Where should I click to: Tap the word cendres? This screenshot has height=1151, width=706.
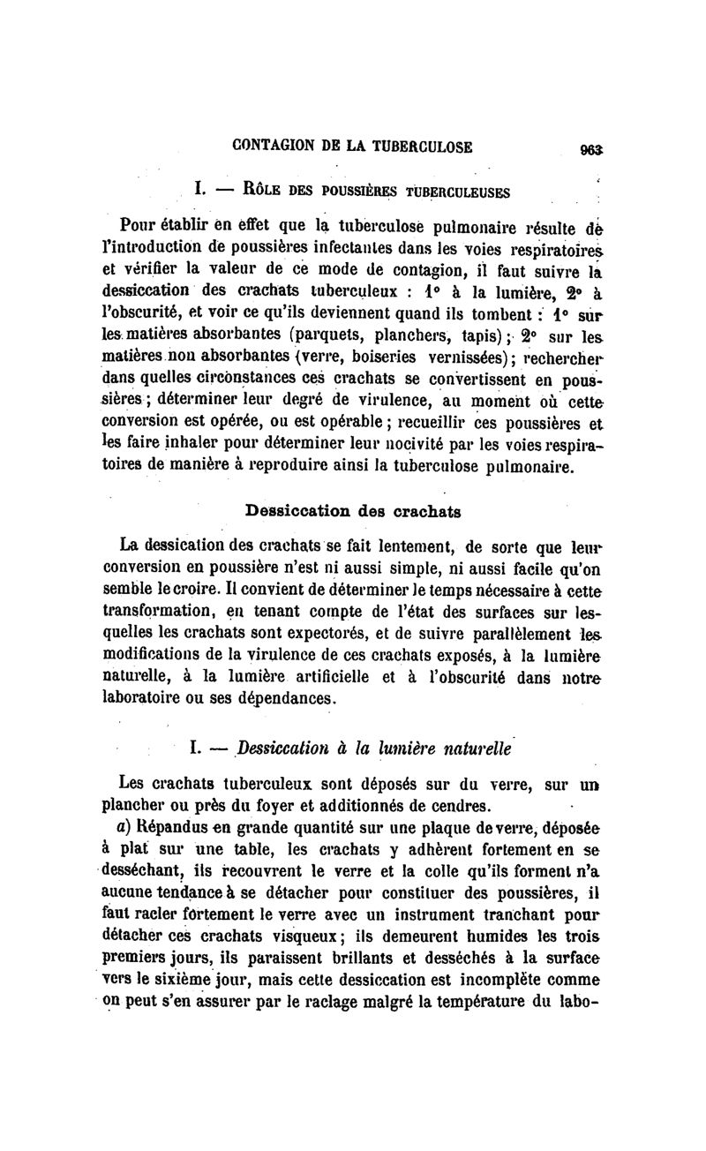tap(454, 804)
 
